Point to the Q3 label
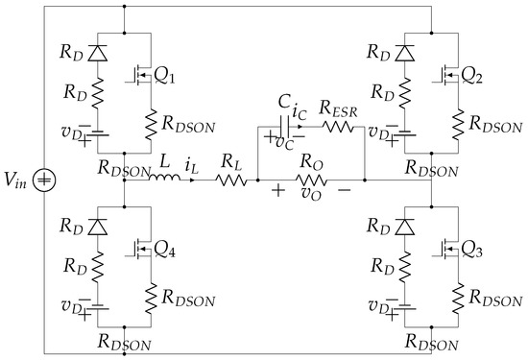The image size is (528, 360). (474, 249)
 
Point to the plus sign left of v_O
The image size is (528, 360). (278, 191)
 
